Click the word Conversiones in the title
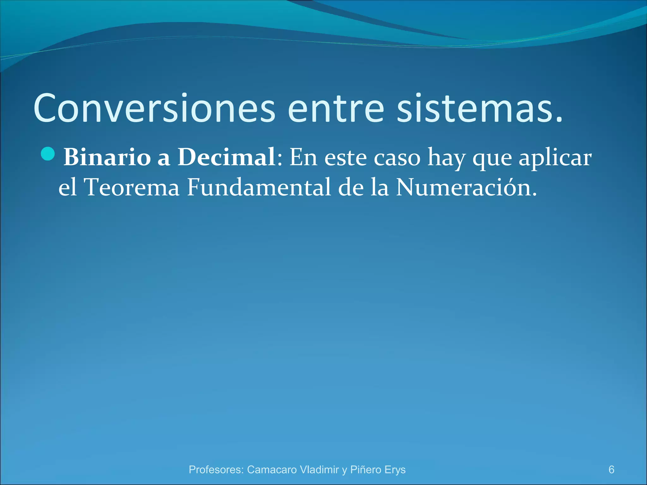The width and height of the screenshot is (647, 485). pos(154,108)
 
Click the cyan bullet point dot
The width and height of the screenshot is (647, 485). pos(48,154)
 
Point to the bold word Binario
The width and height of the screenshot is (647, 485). pos(107,157)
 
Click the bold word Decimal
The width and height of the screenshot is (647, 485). pos(226,157)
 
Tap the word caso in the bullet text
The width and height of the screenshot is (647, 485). pos(397,158)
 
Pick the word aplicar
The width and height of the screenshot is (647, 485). pos(555,158)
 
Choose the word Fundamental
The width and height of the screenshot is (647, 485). pos(259,187)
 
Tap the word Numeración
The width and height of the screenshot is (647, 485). pos(466,187)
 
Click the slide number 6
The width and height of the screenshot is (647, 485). pos(611,470)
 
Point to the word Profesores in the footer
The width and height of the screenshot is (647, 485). pos(216,470)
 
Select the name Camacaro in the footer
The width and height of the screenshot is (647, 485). pos(272,470)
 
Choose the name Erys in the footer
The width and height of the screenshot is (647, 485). pos(395,470)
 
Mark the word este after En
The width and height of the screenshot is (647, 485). pos(346,158)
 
